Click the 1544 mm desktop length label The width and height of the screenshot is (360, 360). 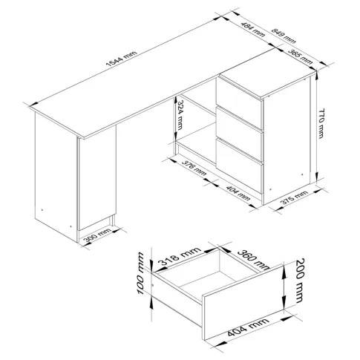tap(121, 59)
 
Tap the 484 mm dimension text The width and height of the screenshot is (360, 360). tap(252, 29)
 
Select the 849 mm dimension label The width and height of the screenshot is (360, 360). tap(284, 36)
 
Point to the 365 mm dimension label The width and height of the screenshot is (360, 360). tap(300, 57)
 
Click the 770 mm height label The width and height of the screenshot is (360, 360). tap(321, 123)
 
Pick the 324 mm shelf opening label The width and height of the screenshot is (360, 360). tap(180, 115)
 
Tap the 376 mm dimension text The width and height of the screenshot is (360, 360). tap(194, 168)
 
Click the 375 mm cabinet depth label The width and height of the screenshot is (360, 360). tap(294, 197)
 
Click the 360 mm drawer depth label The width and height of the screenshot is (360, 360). tap(253, 259)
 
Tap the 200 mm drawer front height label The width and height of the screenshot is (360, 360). tap(300, 281)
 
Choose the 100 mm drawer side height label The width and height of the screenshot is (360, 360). tap(140, 273)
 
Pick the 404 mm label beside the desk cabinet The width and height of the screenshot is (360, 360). tap(238, 193)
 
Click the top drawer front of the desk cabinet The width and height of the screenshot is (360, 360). tap(239, 96)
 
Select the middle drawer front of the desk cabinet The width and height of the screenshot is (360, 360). tap(239, 127)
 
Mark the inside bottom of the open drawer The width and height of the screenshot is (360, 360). tap(206, 284)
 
